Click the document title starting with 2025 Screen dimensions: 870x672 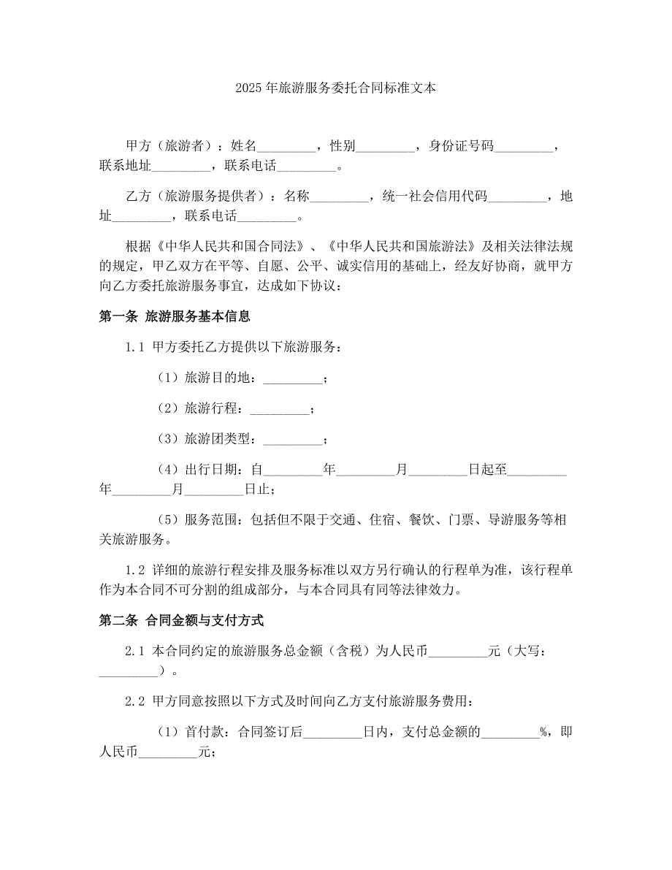(x=336, y=88)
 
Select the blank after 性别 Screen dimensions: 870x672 (x=386, y=147)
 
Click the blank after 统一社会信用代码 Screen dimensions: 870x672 (x=517, y=196)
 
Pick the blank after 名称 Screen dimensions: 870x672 (x=342, y=196)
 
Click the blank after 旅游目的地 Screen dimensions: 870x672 (x=291, y=378)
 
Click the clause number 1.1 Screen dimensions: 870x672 (x=136, y=348)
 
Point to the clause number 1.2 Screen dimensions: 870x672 (x=136, y=570)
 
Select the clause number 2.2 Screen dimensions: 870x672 (x=136, y=702)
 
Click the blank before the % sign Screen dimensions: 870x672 (x=510, y=732)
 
